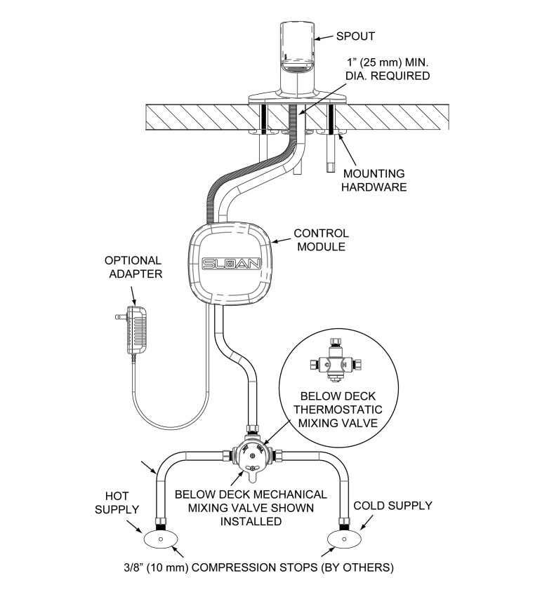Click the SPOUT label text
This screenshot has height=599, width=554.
pos(355,36)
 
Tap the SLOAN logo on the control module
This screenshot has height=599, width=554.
pos(232,264)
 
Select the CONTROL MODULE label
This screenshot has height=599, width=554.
pos(321,240)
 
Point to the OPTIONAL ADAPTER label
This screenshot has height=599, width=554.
pos(133,267)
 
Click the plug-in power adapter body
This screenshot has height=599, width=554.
pos(136,329)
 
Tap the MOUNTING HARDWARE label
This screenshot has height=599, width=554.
pos(374,180)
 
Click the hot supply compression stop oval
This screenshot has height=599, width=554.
pos(161,539)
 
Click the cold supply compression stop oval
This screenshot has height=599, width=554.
pos(345,539)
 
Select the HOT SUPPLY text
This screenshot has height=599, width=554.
pos(117,503)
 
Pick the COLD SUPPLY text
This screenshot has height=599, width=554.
pos(393,506)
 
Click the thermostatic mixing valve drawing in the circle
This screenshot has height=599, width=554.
pos(336,360)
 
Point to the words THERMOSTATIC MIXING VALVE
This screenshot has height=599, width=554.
pos(338,416)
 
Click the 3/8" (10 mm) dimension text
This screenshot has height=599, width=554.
pos(156,567)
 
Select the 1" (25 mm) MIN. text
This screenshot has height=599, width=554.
pos(388,62)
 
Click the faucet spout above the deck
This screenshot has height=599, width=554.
pos(298,62)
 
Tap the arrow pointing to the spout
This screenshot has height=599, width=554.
pos(324,37)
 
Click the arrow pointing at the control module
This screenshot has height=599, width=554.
pos(280,241)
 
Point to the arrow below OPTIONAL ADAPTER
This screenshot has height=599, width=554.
pos(133,295)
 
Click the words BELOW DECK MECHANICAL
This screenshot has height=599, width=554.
pos(251,494)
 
